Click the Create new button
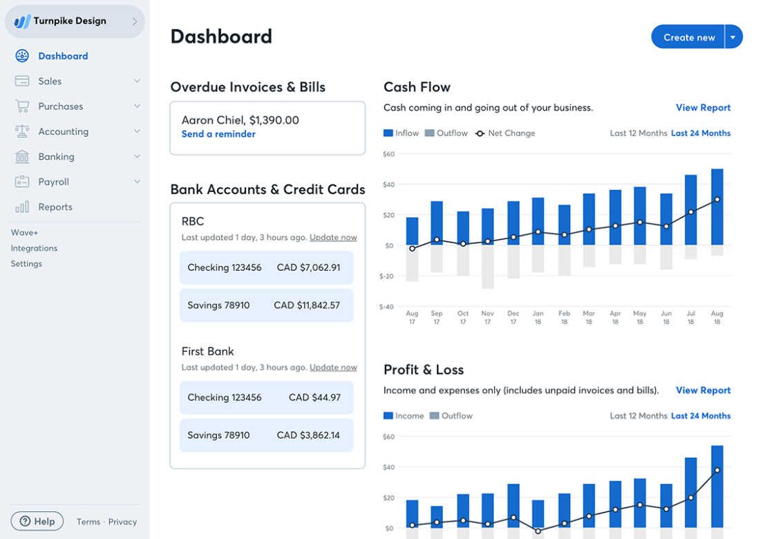pyautogui.click(x=688, y=37)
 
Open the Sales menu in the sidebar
pyautogui.click(x=50, y=81)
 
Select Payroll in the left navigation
pyautogui.click(x=53, y=182)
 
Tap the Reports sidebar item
pyautogui.click(x=55, y=207)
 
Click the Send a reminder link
pyautogui.click(x=218, y=134)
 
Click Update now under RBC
pyautogui.click(x=333, y=237)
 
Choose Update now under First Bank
pyautogui.click(x=333, y=367)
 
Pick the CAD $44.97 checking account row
pyautogui.click(x=267, y=397)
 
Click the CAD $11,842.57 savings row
pyautogui.click(x=267, y=305)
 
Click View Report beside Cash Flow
pyautogui.click(x=703, y=108)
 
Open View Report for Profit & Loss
pyautogui.click(x=703, y=390)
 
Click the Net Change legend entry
pyautogui.click(x=505, y=133)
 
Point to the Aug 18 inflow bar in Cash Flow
pyautogui.click(x=717, y=207)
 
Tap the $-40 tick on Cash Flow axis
pyautogui.click(x=387, y=306)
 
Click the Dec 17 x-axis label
pyautogui.click(x=513, y=317)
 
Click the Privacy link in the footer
pyautogui.click(x=122, y=522)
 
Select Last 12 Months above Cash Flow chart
pyautogui.click(x=638, y=133)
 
